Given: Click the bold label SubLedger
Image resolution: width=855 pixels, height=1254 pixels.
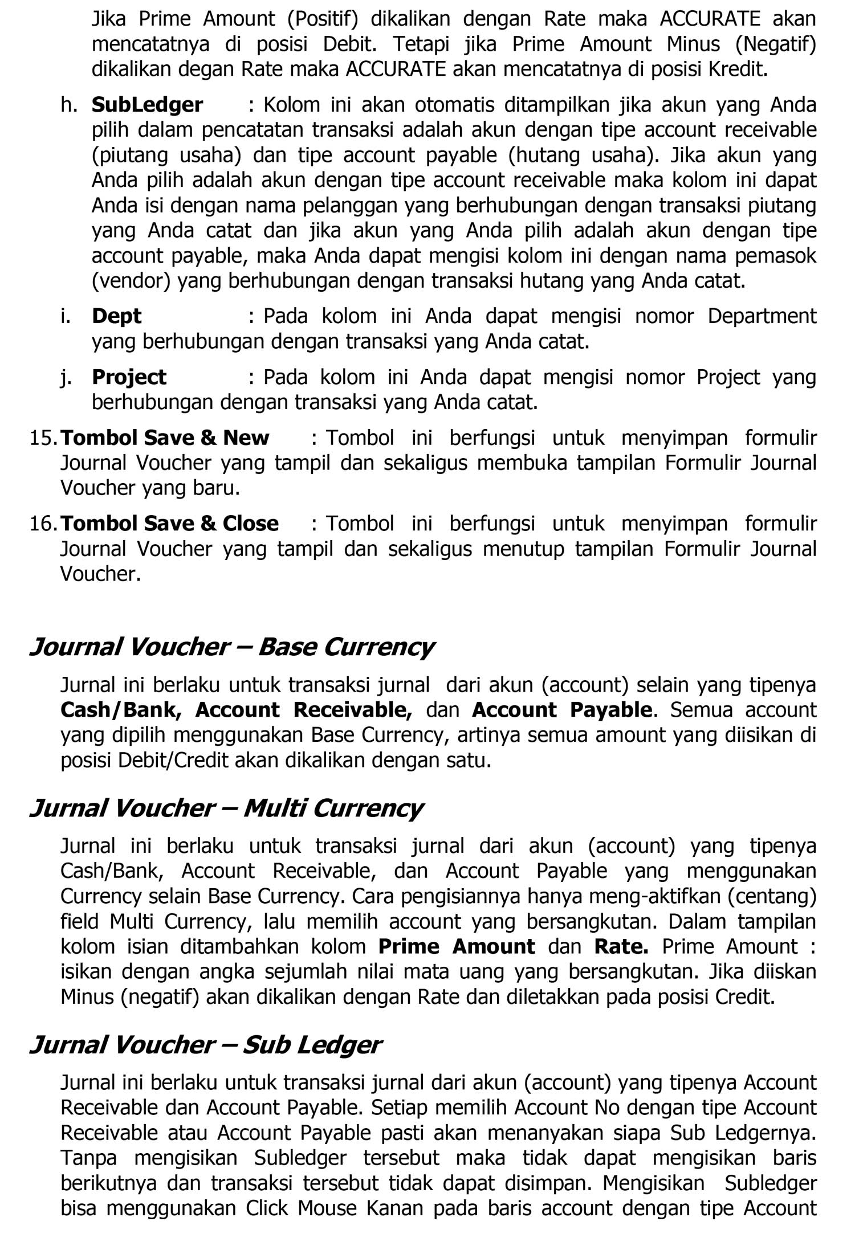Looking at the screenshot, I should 147,105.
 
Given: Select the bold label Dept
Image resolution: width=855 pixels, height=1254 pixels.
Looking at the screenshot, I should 116,316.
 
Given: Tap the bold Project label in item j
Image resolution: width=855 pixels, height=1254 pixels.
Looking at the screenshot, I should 129,377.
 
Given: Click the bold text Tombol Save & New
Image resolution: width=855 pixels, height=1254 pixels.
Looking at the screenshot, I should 165,438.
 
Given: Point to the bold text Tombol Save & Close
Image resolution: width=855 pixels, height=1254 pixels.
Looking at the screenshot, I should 170,524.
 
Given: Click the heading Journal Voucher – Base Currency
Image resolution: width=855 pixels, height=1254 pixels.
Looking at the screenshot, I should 231,647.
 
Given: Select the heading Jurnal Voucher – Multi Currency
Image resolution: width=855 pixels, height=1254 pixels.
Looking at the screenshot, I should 226,808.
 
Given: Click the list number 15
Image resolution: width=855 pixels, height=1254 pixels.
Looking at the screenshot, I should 43,438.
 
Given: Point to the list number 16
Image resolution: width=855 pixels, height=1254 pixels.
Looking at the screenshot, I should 43,524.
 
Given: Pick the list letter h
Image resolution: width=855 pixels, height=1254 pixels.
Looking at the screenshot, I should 69,105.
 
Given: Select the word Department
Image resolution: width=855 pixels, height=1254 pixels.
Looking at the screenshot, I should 762,316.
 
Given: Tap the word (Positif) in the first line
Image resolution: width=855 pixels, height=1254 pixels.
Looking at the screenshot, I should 323,19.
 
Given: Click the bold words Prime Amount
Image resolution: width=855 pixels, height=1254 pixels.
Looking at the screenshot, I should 457,946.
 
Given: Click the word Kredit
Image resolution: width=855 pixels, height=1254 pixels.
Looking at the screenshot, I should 738,70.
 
